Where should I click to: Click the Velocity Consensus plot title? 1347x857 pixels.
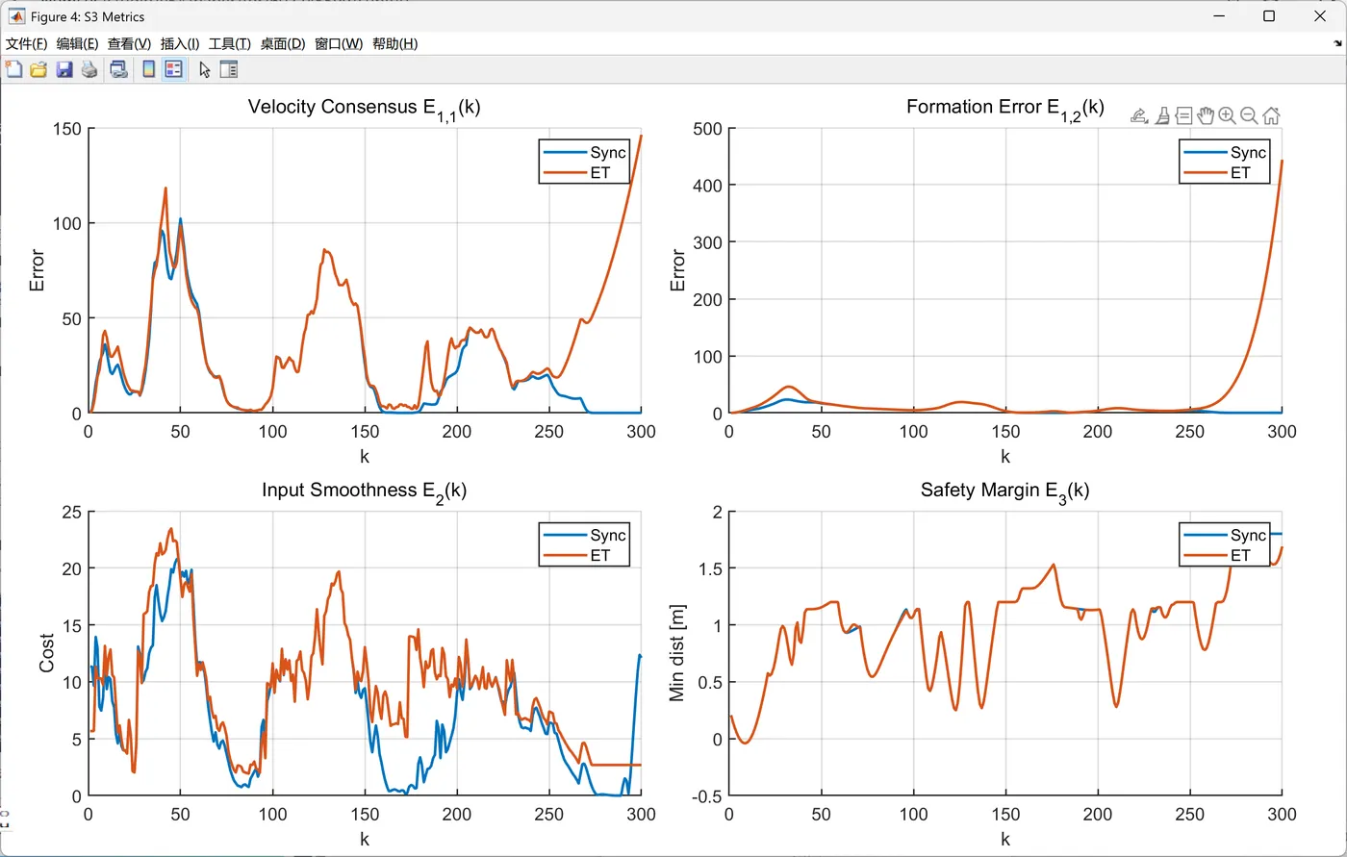pyautogui.click(x=364, y=107)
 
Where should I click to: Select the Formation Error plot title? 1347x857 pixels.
pyautogui.click(x=1004, y=107)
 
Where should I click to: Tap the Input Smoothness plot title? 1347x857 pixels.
pyautogui.click(x=364, y=491)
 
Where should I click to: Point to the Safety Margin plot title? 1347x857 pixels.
pyautogui.click(x=1004, y=491)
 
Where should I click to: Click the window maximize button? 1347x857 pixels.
pyautogui.click(x=1269, y=16)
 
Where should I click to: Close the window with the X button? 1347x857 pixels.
pyautogui.click(x=1320, y=16)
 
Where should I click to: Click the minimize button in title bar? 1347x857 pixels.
pyautogui.click(x=1218, y=16)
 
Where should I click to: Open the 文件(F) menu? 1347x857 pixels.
pyautogui.click(x=26, y=43)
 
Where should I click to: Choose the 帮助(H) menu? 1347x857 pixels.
pyautogui.click(x=394, y=43)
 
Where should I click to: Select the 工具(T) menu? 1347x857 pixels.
pyautogui.click(x=229, y=43)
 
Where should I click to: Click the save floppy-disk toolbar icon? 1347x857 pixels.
pyautogui.click(x=64, y=69)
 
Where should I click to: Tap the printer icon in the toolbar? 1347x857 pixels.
pyautogui.click(x=89, y=69)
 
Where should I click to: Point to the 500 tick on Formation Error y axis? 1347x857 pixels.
pyautogui.click(x=706, y=128)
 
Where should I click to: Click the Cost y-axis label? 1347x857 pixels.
pyautogui.click(x=46, y=653)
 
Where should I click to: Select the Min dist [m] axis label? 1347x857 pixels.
pyautogui.click(x=677, y=653)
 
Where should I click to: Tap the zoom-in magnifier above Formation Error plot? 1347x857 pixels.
pyautogui.click(x=1227, y=115)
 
